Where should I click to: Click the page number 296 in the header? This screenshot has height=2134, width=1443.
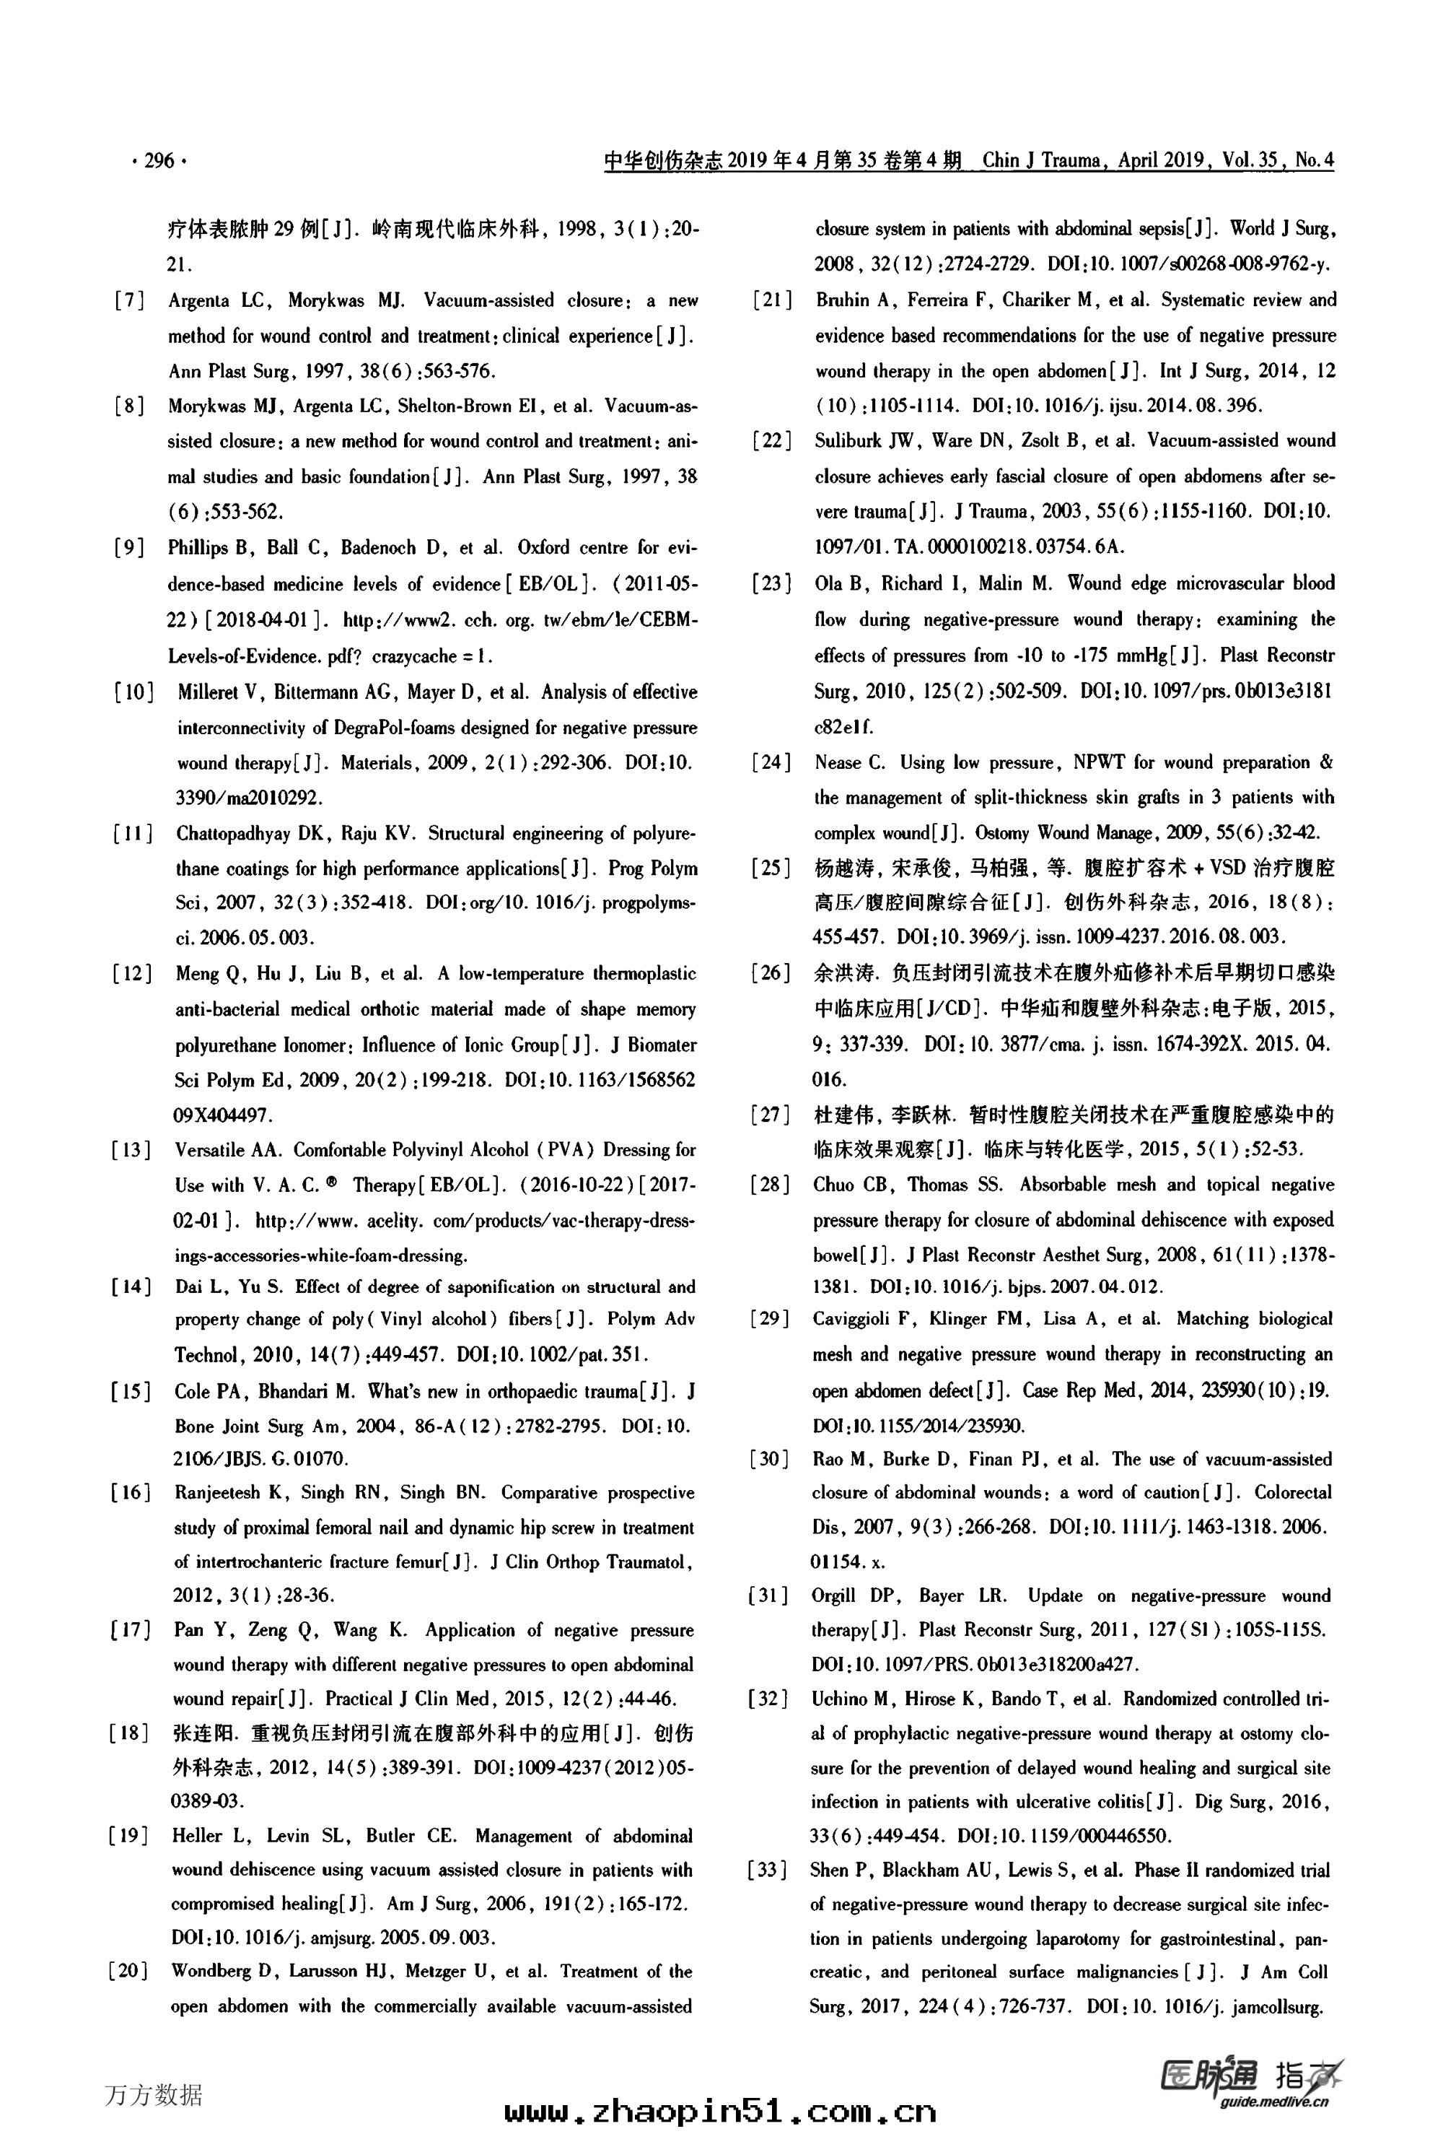[x=159, y=161]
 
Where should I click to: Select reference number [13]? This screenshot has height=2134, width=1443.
[x=131, y=1151]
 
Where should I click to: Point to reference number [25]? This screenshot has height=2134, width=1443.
[x=772, y=868]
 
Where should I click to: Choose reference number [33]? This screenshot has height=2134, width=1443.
[x=768, y=1870]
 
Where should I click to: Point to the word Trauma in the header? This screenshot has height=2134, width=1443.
[x=1069, y=161]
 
